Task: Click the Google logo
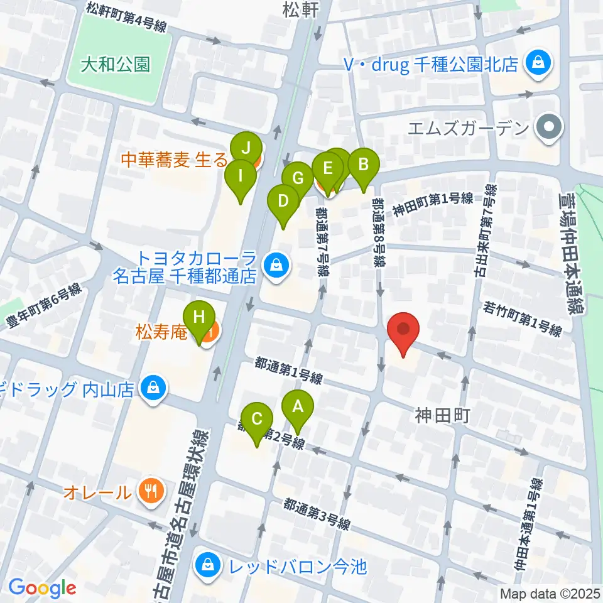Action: point(42,588)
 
